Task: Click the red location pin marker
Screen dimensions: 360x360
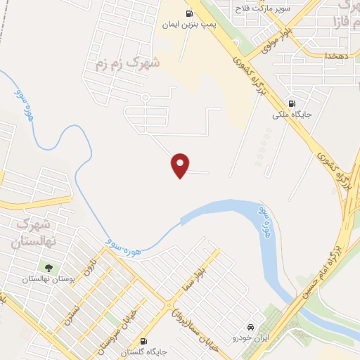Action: pos(180,165)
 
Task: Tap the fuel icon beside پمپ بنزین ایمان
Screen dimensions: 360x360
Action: pos(188,13)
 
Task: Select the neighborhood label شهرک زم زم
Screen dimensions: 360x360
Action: pos(128,63)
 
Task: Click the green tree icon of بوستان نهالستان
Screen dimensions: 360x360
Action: pos(48,267)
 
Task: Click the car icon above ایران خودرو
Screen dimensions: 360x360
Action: pos(251,328)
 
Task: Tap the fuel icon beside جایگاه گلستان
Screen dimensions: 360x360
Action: pos(144,339)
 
